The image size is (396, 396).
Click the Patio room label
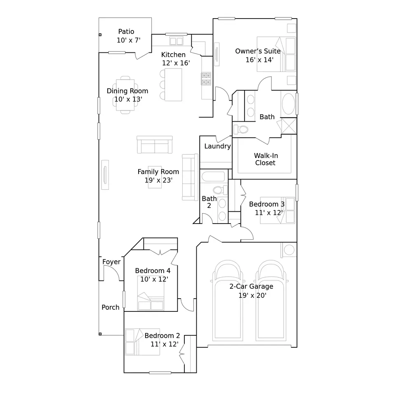(126, 32)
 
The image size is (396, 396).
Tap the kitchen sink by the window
(176, 41)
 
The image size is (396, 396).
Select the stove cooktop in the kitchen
(206, 79)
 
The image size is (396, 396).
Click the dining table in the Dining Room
(125, 95)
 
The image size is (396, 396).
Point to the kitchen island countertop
(173, 85)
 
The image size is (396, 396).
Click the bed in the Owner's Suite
(276, 54)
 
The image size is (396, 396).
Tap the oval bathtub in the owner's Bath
(288, 104)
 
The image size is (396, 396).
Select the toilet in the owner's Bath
(241, 130)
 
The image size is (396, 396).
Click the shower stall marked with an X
(289, 126)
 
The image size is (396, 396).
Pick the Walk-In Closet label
(265, 159)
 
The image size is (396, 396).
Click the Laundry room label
(217, 146)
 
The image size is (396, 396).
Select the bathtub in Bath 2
(213, 177)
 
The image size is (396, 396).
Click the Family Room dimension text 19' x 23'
(158, 180)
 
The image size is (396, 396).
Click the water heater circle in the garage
(289, 250)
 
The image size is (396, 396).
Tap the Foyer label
(111, 262)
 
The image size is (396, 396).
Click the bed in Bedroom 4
(151, 293)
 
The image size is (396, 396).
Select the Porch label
(111, 307)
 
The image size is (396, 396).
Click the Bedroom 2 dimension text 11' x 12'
(165, 344)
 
